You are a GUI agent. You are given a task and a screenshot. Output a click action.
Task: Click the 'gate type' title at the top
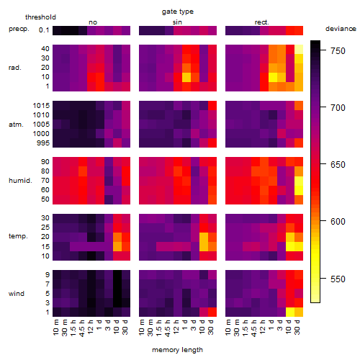coord(178,12)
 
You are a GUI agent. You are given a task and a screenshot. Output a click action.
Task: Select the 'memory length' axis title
coord(177,350)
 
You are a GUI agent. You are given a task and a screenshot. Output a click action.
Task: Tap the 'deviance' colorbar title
coord(341,29)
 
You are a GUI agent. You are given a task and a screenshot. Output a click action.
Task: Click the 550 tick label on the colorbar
coord(338,279)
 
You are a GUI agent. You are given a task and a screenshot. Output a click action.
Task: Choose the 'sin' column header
coord(177,22)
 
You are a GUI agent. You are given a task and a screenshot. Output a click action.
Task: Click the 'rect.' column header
coord(262,22)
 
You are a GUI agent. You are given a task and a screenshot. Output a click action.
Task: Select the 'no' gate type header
coord(93,22)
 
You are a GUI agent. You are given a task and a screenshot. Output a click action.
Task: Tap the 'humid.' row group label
coord(20,181)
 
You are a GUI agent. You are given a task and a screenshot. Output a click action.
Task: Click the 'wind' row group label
coord(17,294)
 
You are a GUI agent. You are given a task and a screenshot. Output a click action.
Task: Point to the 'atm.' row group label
coord(16,125)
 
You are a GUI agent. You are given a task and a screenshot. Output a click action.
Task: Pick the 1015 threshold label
coord(41,105)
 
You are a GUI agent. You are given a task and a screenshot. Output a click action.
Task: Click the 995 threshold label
coord(43,143)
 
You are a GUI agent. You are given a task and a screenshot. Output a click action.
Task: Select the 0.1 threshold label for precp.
coord(44,30)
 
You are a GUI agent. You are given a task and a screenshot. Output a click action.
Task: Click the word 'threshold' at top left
coord(40,17)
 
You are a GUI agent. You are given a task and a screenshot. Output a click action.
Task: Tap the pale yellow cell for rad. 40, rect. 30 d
coord(299,49)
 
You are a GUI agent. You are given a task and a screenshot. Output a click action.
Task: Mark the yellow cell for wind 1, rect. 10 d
coord(290,312)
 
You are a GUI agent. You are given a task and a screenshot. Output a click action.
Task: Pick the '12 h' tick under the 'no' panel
coord(91,327)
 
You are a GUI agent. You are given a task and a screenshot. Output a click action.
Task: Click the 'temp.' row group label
coord(18,236)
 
